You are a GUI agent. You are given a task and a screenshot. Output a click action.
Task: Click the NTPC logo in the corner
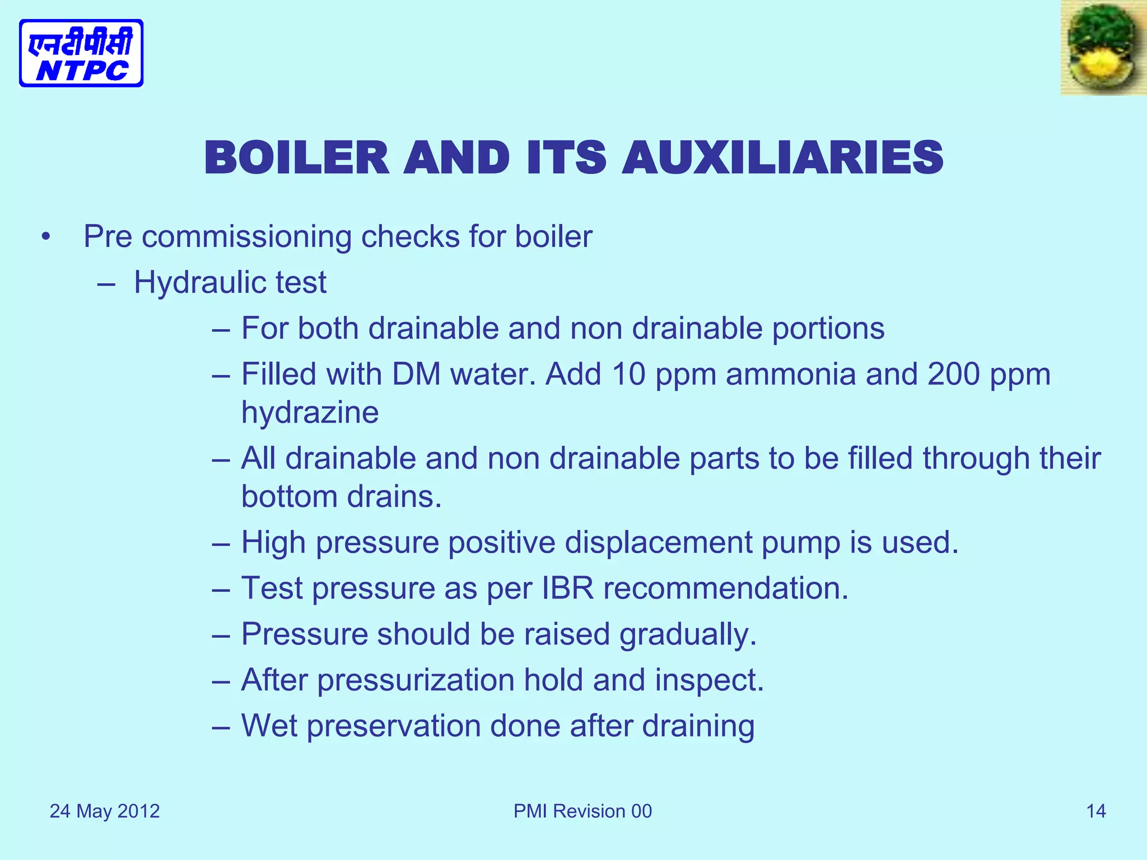click(81, 53)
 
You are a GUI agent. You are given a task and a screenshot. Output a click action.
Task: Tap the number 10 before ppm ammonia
click(628, 374)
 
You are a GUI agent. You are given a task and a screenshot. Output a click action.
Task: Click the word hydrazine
click(310, 413)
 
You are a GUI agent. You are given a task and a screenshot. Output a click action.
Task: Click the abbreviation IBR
click(567, 588)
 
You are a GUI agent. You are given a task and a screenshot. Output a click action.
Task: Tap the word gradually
click(688, 634)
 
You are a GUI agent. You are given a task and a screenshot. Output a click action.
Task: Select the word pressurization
click(416, 680)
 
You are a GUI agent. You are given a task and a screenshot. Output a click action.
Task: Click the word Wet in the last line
click(269, 726)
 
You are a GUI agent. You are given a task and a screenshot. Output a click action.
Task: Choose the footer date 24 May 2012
click(105, 811)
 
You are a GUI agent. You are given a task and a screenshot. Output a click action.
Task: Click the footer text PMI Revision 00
click(582, 811)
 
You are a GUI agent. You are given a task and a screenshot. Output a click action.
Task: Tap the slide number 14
click(1096, 811)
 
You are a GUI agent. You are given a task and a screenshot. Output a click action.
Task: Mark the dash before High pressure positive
click(221, 544)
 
